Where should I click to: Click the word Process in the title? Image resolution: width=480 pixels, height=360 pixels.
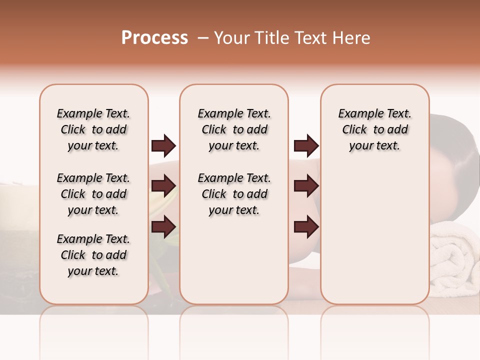154,38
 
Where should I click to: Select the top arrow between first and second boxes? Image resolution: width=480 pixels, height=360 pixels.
163,146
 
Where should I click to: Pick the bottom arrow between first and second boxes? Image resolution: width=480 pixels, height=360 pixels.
163,227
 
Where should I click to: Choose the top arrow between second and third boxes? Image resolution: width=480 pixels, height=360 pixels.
306,146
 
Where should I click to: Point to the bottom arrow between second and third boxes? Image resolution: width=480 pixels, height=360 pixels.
306,227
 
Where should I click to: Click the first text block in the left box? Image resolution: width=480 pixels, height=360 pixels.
93,129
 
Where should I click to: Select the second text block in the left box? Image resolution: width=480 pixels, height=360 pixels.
93,194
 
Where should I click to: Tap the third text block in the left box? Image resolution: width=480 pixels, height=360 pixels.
93,255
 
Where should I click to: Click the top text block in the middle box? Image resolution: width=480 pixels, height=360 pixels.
234,129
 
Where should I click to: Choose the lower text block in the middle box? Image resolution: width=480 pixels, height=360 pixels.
234,194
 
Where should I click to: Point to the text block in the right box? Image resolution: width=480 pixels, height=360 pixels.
374,129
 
